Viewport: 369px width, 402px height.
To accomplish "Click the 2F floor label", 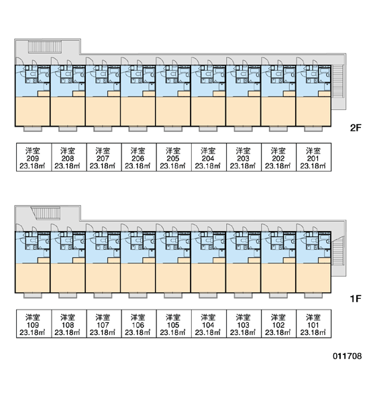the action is pyautogui.click(x=356, y=128).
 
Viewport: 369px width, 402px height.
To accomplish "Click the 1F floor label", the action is pyautogui.click(x=356, y=298).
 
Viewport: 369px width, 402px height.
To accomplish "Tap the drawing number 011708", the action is pyautogui.click(x=347, y=356).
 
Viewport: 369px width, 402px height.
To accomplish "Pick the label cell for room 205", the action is pyautogui.click(x=174, y=157).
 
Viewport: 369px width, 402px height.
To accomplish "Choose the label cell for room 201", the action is pyautogui.click(x=314, y=157).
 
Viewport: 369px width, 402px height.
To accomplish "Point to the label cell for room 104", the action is pyautogui.click(x=209, y=324).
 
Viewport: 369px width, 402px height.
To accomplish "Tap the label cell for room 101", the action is pyautogui.click(x=314, y=324).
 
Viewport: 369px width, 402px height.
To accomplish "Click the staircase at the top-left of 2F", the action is pyautogui.click(x=45, y=47).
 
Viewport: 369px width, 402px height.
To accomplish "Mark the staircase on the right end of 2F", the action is pyautogui.click(x=337, y=81).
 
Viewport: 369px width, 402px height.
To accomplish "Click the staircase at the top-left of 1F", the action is pyautogui.click(x=46, y=213).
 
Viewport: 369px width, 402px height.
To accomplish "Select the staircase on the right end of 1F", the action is pyautogui.click(x=337, y=257).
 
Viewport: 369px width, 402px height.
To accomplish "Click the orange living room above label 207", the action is pyautogui.click(x=103, y=111).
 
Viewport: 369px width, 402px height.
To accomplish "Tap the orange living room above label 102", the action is pyautogui.click(x=278, y=278).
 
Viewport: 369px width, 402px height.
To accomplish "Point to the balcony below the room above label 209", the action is pyautogui.click(x=33, y=129).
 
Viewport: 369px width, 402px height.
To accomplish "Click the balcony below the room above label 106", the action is pyautogui.click(x=138, y=295).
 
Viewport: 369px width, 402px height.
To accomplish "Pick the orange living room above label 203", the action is pyautogui.click(x=243, y=111).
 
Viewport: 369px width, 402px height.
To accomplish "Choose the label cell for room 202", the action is pyautogui.click(x=279, y=157).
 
